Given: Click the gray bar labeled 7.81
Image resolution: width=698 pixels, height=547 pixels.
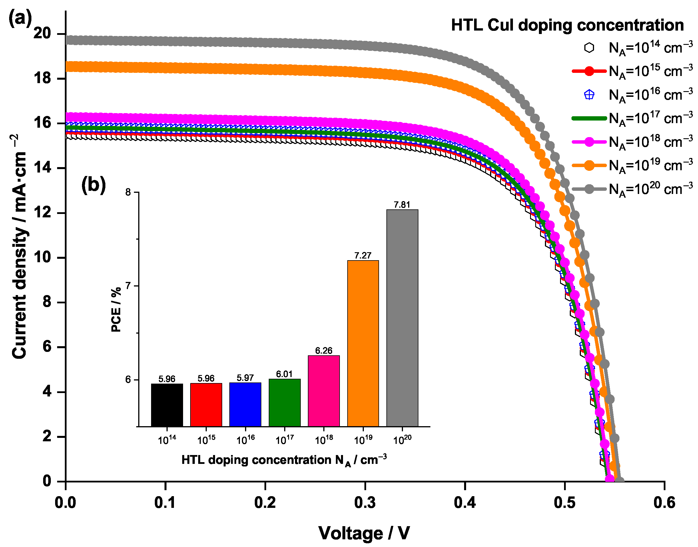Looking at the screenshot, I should tap(402, 318).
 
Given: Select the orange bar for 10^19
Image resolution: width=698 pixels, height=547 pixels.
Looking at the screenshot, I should tap(363, 343).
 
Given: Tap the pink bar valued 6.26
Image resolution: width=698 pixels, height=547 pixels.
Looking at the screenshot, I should tap(324, 391).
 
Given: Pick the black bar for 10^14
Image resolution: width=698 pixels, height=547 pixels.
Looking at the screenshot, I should tap(167, 405).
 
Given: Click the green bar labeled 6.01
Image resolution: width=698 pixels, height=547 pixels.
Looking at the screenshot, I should tap(284, 402).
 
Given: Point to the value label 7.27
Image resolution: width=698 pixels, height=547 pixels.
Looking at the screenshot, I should tap(363, 255).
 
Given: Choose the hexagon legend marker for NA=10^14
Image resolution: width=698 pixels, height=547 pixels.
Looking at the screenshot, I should tap(589, 48).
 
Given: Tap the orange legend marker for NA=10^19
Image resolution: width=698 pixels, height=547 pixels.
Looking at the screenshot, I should tap(589, 166).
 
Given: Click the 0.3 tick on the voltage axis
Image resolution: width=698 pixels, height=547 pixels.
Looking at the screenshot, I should tap(365, 502).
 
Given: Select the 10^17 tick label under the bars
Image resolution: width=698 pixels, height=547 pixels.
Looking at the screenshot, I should tap(284, 440).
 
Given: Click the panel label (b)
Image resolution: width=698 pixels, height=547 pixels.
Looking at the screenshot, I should tap(93, 185).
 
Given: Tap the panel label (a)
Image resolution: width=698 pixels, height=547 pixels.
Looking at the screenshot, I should tap(20, 18).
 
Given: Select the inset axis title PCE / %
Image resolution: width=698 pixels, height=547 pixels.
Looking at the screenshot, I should tap(116, 309).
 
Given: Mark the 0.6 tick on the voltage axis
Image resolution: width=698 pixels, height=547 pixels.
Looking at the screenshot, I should tap(664, 502).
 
